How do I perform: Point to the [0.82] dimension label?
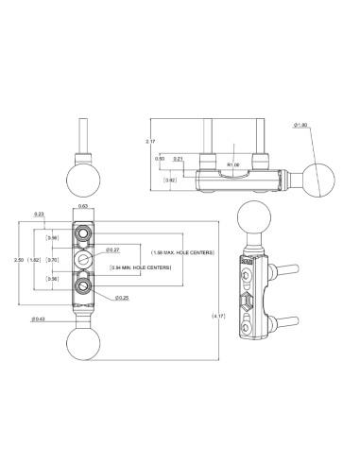pyautogui.click(x=170, y=180)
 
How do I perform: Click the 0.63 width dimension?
pyautogui.click(x=83, y=205)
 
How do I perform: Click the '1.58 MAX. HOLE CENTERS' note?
pyautogui.click(x=185, y=252)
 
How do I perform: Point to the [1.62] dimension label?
pyautogui.click(x=35, y=258)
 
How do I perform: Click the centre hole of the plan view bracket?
pyautogui.click(x=84, y=258)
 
